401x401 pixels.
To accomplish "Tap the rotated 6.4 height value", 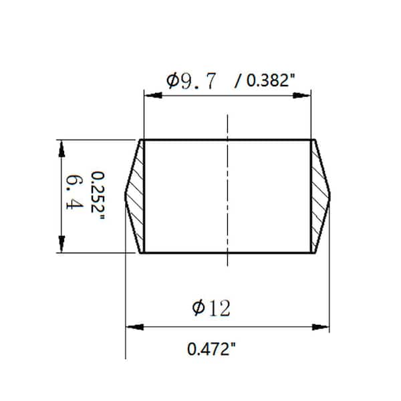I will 72,194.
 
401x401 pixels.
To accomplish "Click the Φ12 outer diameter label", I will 211,308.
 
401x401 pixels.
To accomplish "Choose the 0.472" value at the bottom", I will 213,348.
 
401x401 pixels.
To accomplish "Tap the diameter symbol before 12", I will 198,308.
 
